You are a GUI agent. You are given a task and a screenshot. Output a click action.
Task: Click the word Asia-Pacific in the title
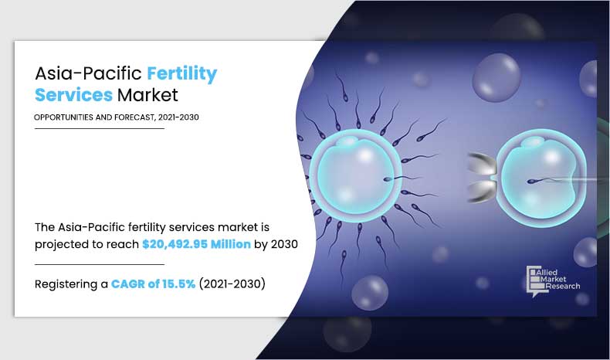pyautogui.click(x=87, y=75)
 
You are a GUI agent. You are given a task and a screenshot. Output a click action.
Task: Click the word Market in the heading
pyautogui.click(x=147, y=96)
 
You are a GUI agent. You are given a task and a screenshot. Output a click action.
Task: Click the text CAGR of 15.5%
pyautogui.click(x=148, y=284)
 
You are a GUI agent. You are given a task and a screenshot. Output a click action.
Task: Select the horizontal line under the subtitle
pyautogui.click(x=100, y=128)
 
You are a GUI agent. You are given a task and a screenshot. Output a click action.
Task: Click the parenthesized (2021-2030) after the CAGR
pyautogui.click(x=232, y=284)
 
